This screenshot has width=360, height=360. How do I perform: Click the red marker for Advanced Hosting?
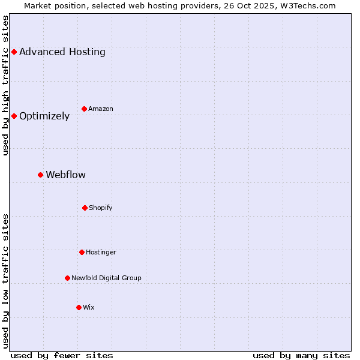click(x=14, y=52)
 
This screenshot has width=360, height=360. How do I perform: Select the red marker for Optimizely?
click(x=14, y=116)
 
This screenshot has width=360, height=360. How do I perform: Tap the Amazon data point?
click(x=84, y=109)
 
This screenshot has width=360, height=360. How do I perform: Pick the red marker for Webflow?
click(x=40, y=175)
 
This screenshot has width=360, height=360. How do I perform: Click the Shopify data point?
click(x=85, y=208)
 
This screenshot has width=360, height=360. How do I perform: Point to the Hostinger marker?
click(x=82, y=252)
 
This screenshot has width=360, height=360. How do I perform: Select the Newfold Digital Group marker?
click(x=67, y=278)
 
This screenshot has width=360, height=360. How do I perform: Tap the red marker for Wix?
click(x=79, y=307)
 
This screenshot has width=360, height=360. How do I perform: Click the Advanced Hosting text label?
click(x=62, y=52)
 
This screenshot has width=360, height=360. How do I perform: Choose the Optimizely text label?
click(x=44, y=116)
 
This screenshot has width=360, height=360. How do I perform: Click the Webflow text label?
click(x=65, y=175)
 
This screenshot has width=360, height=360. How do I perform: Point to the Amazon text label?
click(x=101, y=109)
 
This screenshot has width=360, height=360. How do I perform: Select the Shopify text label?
click(x=101, y=208)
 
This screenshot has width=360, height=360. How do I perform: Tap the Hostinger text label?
click(x=101, y=252)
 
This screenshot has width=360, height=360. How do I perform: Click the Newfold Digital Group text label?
click(x=106, y=278)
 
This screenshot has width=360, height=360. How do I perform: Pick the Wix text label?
click(x=89, y=307)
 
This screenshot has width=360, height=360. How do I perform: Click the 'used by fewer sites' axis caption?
click(x=62, y=355)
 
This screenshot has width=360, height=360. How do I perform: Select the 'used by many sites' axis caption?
click(x=301, y=355)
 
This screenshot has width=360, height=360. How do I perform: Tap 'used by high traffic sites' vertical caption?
click(x=5, y=85)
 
